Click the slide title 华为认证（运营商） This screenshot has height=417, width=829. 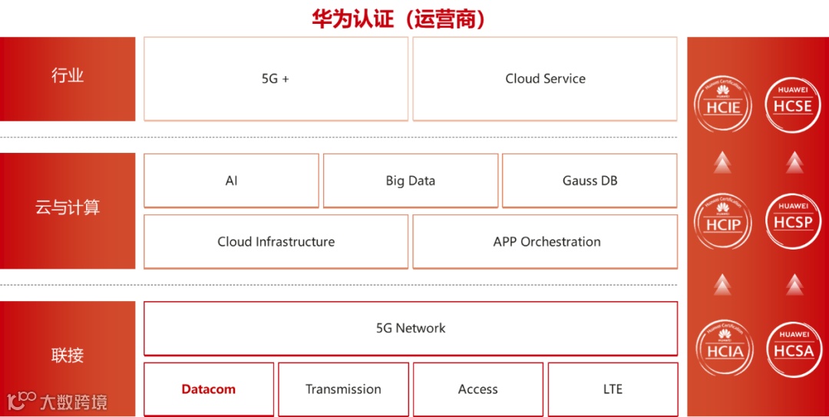[398, 18]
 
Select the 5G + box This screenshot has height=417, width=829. [276, 78]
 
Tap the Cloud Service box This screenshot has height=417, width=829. [545, 78]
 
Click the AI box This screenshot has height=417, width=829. [231, 180]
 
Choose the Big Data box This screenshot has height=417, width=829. [411, 180]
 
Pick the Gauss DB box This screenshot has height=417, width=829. [590, 180]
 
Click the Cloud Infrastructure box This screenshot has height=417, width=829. [276, 241]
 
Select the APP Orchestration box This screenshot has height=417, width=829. [546, 241]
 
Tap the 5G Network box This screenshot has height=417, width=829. [411, 328]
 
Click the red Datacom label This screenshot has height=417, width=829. [209, 389]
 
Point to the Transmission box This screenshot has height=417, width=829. [343, 389]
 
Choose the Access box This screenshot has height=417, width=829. [478, 389]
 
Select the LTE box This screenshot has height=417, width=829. [613, 389]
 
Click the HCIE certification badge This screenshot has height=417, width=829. [723, 104]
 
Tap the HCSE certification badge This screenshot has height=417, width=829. [793, 104]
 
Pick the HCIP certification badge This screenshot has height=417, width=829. [723, 223]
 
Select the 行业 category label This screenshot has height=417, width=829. [68, 76]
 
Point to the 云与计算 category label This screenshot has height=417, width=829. [68, 207]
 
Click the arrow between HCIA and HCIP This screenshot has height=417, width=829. [722, 285]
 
